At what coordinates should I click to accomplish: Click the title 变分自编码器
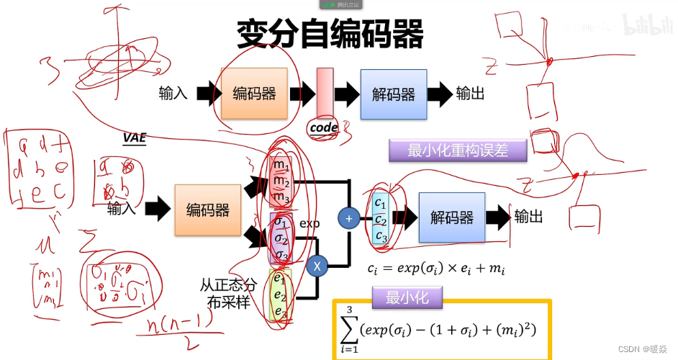pyautogui.click(x=330, y=34)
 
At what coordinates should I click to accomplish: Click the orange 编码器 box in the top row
pyautogui.click(x=254, y=94)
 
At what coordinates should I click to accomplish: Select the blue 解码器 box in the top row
pyautogui.click(x=393, y=94)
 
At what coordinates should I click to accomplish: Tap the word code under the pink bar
pyautogui.click(x=323, y=127)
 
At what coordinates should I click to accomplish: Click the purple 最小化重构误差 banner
pyautogui.click(x=457, y=150)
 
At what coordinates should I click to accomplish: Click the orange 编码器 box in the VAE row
pyautogui.click(x=208, y=210)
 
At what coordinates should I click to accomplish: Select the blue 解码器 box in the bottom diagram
pyautogui.click(x=452, y=217)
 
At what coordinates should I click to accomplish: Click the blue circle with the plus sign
pyautogui.click(x=348, y=217)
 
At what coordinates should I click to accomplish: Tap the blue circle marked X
pyautogui.click(x=317, y=266)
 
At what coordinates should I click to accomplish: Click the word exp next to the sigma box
pyautogui.click(x=309, y=224)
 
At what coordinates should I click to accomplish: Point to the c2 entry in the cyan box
pyautogui.click(x=381, y=219)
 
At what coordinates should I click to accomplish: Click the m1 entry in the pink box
pyautogui.click(x=280, y=165)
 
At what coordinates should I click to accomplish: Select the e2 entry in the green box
pyautogui.click(x=279, y=296)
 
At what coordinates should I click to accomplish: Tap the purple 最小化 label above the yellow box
pyautogui.click(x=407, y=297)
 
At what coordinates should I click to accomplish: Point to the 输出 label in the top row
pyautogui.click(x=470, y=94)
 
